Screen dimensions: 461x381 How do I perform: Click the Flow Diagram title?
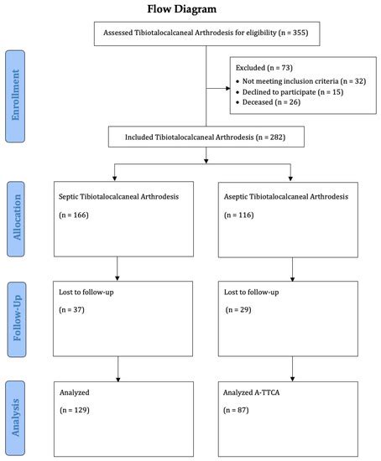pos(182,9)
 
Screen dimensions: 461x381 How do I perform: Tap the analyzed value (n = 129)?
pos(76,410)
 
